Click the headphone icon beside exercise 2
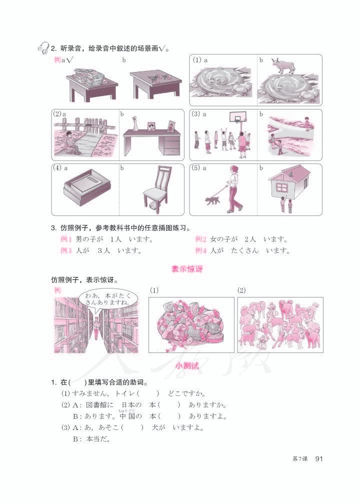(43, 48)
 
